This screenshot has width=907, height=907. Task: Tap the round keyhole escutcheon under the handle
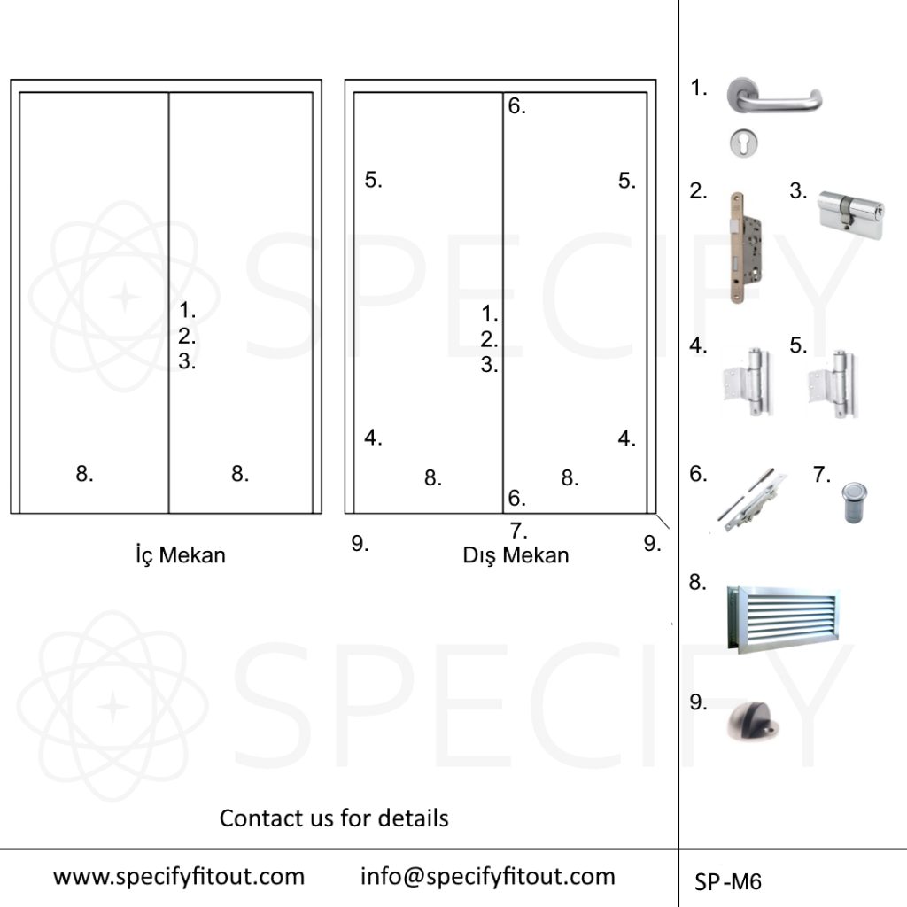coord(743,143)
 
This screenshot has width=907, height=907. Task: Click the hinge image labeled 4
coord(748,383)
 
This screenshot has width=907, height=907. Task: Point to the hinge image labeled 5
coord(833,384)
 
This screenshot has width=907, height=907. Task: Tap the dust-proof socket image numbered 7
coord(854,502)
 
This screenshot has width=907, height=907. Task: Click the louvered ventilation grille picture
coord(783,619)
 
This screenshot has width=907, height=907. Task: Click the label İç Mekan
coord(181,555)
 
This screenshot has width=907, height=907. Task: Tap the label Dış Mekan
coord(516,555)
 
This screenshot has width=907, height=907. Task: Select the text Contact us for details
coord(334,818)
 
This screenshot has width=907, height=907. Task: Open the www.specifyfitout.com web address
coord(179,877)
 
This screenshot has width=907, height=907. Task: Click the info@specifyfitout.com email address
coord(488,877)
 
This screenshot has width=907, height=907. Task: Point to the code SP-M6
coord(728,881)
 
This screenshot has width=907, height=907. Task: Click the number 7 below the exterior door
coord(518,531)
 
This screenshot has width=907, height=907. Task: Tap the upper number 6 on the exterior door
coord(516,106)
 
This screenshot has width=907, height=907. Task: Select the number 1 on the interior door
coord(187,310)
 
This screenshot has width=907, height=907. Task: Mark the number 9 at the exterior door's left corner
coord(360,543)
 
